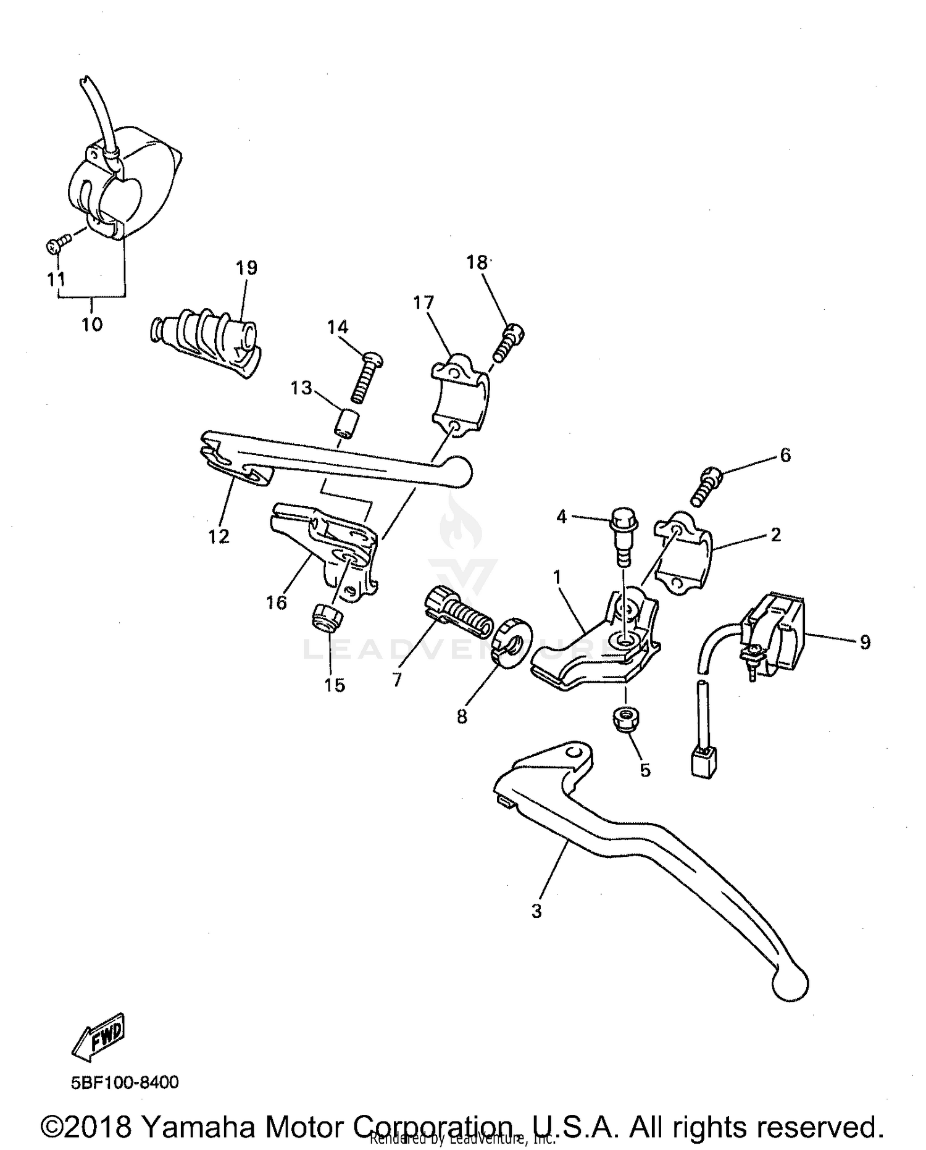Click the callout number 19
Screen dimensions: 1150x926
(246, 268)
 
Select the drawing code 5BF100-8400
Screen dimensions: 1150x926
(125, 1082)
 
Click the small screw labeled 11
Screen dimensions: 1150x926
(54, 246)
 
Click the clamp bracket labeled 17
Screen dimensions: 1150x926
(458, 395)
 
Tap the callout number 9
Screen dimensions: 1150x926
(865, 643)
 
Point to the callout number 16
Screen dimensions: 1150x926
(277, 602)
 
